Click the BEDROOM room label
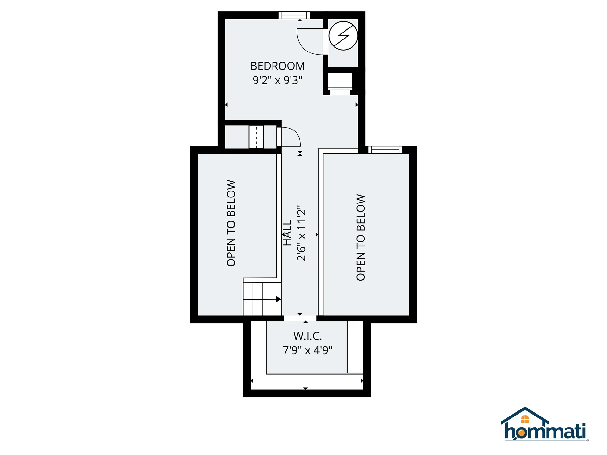[277, 66]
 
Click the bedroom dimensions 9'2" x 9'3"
[277, 80]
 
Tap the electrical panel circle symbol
[343, 36]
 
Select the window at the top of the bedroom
[294, 15]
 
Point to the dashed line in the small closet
[256, 137]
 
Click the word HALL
[287, 233]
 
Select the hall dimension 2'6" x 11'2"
[302, 233]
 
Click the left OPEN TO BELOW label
[231, 223]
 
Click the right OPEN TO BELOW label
[360, 237]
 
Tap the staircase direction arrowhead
[279, 299]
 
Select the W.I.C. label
[307, 336]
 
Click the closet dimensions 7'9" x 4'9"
[307, 350]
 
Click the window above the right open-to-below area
[385, 149]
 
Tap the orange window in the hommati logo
[525, 419]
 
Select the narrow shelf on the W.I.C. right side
[355, 347]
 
